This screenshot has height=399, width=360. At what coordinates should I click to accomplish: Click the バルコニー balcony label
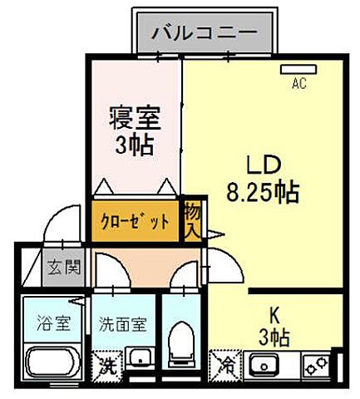pos(203,35)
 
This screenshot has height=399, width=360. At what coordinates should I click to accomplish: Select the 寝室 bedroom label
pos(133,118)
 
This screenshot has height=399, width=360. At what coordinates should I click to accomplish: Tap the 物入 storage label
pos(191,219)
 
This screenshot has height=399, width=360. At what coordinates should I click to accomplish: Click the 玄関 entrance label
pos(63,268)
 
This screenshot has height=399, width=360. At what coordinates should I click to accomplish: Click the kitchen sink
pos(267,363)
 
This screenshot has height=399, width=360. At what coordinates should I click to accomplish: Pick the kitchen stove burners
pos(315,363)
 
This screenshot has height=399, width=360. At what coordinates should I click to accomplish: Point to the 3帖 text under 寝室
pos(134,145)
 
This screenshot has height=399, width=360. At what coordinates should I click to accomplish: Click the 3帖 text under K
pos(274,337)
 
